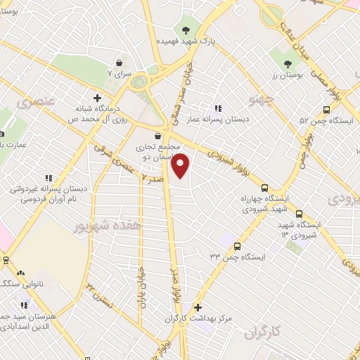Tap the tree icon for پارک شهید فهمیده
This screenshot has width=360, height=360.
pos(186,30)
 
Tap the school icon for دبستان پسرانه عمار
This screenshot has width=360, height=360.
pos(219,108)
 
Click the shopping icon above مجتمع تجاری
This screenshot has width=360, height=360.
pos(156,136)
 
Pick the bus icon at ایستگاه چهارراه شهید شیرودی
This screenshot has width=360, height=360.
pos(264,188)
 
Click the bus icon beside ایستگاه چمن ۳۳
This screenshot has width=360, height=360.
pos(237,246)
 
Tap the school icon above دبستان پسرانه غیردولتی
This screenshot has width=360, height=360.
pos(48,179)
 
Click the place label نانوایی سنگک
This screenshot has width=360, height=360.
pos(15,283)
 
